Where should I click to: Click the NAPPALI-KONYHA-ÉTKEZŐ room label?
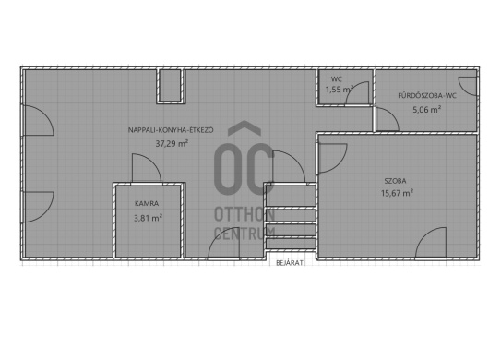(171, 130)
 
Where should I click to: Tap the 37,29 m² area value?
(172, 143)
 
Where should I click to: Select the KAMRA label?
(147, 203)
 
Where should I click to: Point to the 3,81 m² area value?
(148, 218)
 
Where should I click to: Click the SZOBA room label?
(395, 181)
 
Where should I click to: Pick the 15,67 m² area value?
(397, 193)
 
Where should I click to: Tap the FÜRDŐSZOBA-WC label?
(427, 95)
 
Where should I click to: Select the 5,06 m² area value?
(427, 110)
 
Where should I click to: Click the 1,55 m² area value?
(340, 90)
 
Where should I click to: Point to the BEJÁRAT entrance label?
(290, 263)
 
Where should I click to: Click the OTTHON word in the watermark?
(244, 215)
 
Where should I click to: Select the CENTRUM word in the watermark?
(244, 234)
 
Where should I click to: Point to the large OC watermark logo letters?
(244, 169)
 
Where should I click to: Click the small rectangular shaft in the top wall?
(171, 86)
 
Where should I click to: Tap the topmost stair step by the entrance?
(291, 196)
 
